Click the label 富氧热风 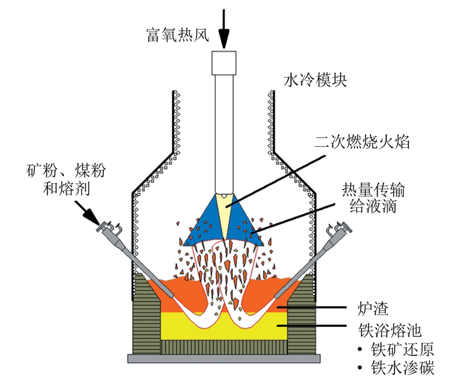pos(178,35)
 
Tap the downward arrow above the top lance pos(224,29)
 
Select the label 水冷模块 pos(315,80)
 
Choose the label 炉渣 pos(373,308)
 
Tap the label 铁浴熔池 pos(389,330)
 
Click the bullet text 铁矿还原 pos(402,349)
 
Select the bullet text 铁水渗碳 pos(402,367)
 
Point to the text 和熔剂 pos(66,188)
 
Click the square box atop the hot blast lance pos(224,63)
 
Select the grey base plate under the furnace pos(224,358)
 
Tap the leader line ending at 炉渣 pos(312,307)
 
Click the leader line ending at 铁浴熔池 pos(312,325)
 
